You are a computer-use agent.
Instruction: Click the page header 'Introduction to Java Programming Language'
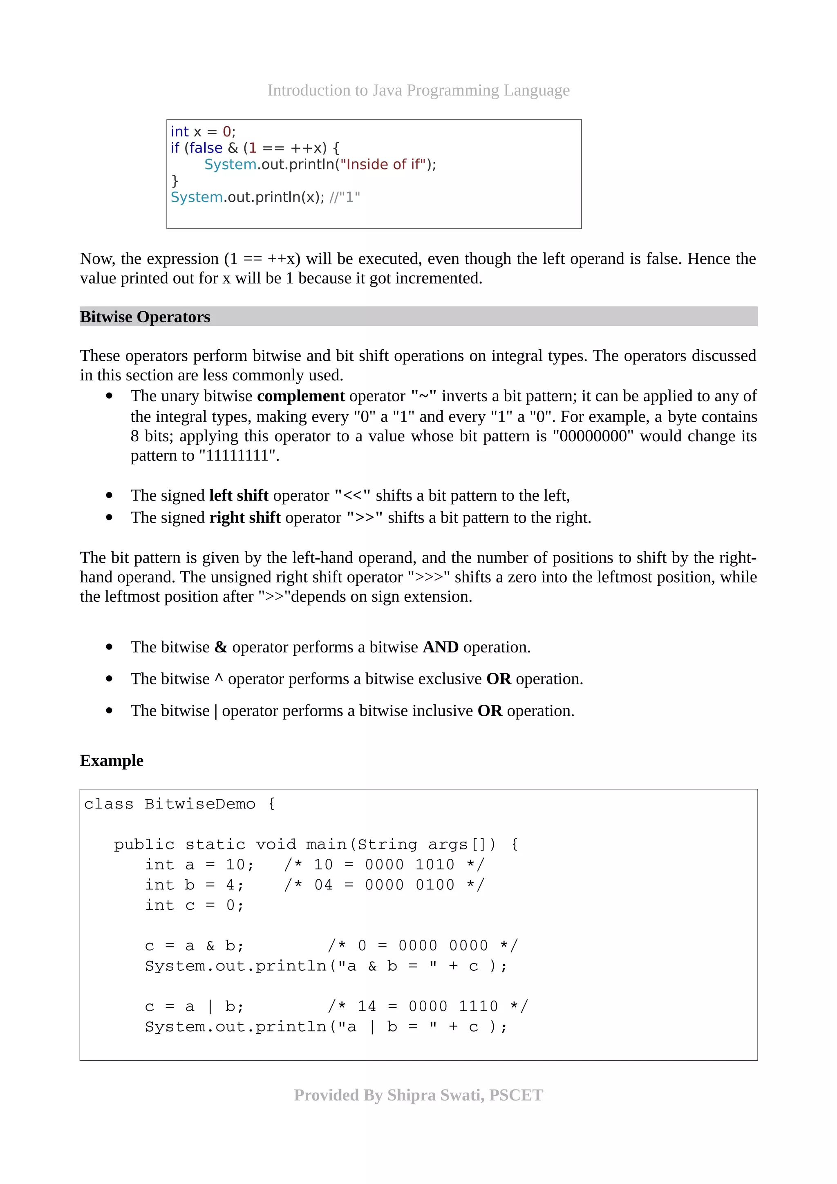tap(418, 90)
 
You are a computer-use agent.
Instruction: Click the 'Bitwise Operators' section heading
tap(145, 317)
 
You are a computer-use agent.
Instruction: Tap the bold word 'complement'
tap(301, 396)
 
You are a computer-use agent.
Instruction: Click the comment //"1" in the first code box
tap(345, 197)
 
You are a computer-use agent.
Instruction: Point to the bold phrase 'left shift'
tap(239, 496)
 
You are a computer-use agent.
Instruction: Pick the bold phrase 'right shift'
tap(245, 518)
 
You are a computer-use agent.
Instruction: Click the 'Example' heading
tap(112, 761)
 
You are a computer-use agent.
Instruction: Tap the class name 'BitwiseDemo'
tap(199, 804)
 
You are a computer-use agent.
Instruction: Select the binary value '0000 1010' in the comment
tap(410, 865)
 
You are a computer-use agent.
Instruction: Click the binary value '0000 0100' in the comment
tap(410, 885)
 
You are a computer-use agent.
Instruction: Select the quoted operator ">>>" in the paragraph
tap(429, 577)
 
